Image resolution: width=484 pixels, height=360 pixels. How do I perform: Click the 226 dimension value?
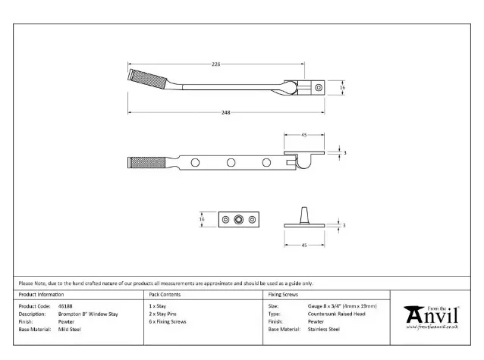(216, 65)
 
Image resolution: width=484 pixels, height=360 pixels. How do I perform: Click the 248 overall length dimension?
(226, 112)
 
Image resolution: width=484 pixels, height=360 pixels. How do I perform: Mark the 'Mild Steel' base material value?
(69, 330)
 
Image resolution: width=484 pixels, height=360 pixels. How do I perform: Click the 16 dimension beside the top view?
(343, 88)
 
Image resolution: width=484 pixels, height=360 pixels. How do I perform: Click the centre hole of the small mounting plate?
(239, 219)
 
